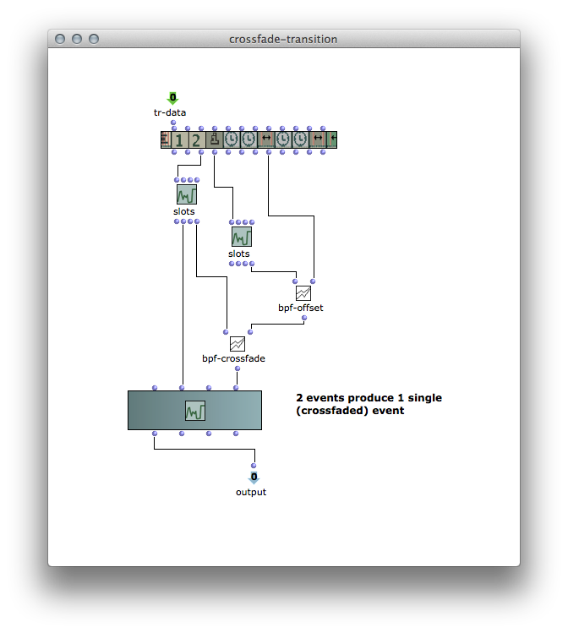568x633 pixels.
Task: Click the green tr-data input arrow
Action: point(172,98)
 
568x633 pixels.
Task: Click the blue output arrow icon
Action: point(254,477)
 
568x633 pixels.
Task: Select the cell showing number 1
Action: point(179,140)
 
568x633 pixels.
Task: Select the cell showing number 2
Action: point(196,140)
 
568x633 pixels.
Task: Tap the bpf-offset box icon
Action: point(303,293)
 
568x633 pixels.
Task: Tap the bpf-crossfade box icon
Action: point(237,344)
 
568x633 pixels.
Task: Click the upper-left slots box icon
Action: point(187,194)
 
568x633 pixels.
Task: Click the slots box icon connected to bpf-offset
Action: point(242,237)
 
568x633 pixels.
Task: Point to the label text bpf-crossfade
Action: point(234,358)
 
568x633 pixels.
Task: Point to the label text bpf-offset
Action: point(301,308)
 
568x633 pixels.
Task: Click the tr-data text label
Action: point(170,112)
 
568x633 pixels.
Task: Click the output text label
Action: point(251,492)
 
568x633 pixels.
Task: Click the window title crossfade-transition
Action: point(283,39)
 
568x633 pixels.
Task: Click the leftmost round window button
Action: point(60,39)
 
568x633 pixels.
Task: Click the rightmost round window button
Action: point(94,39)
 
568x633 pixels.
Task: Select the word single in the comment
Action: point(424,398)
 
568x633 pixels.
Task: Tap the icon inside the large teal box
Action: point(195,411)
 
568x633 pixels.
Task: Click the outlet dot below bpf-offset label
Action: point(304,318)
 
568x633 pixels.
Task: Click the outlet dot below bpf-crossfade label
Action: point(238,368)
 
